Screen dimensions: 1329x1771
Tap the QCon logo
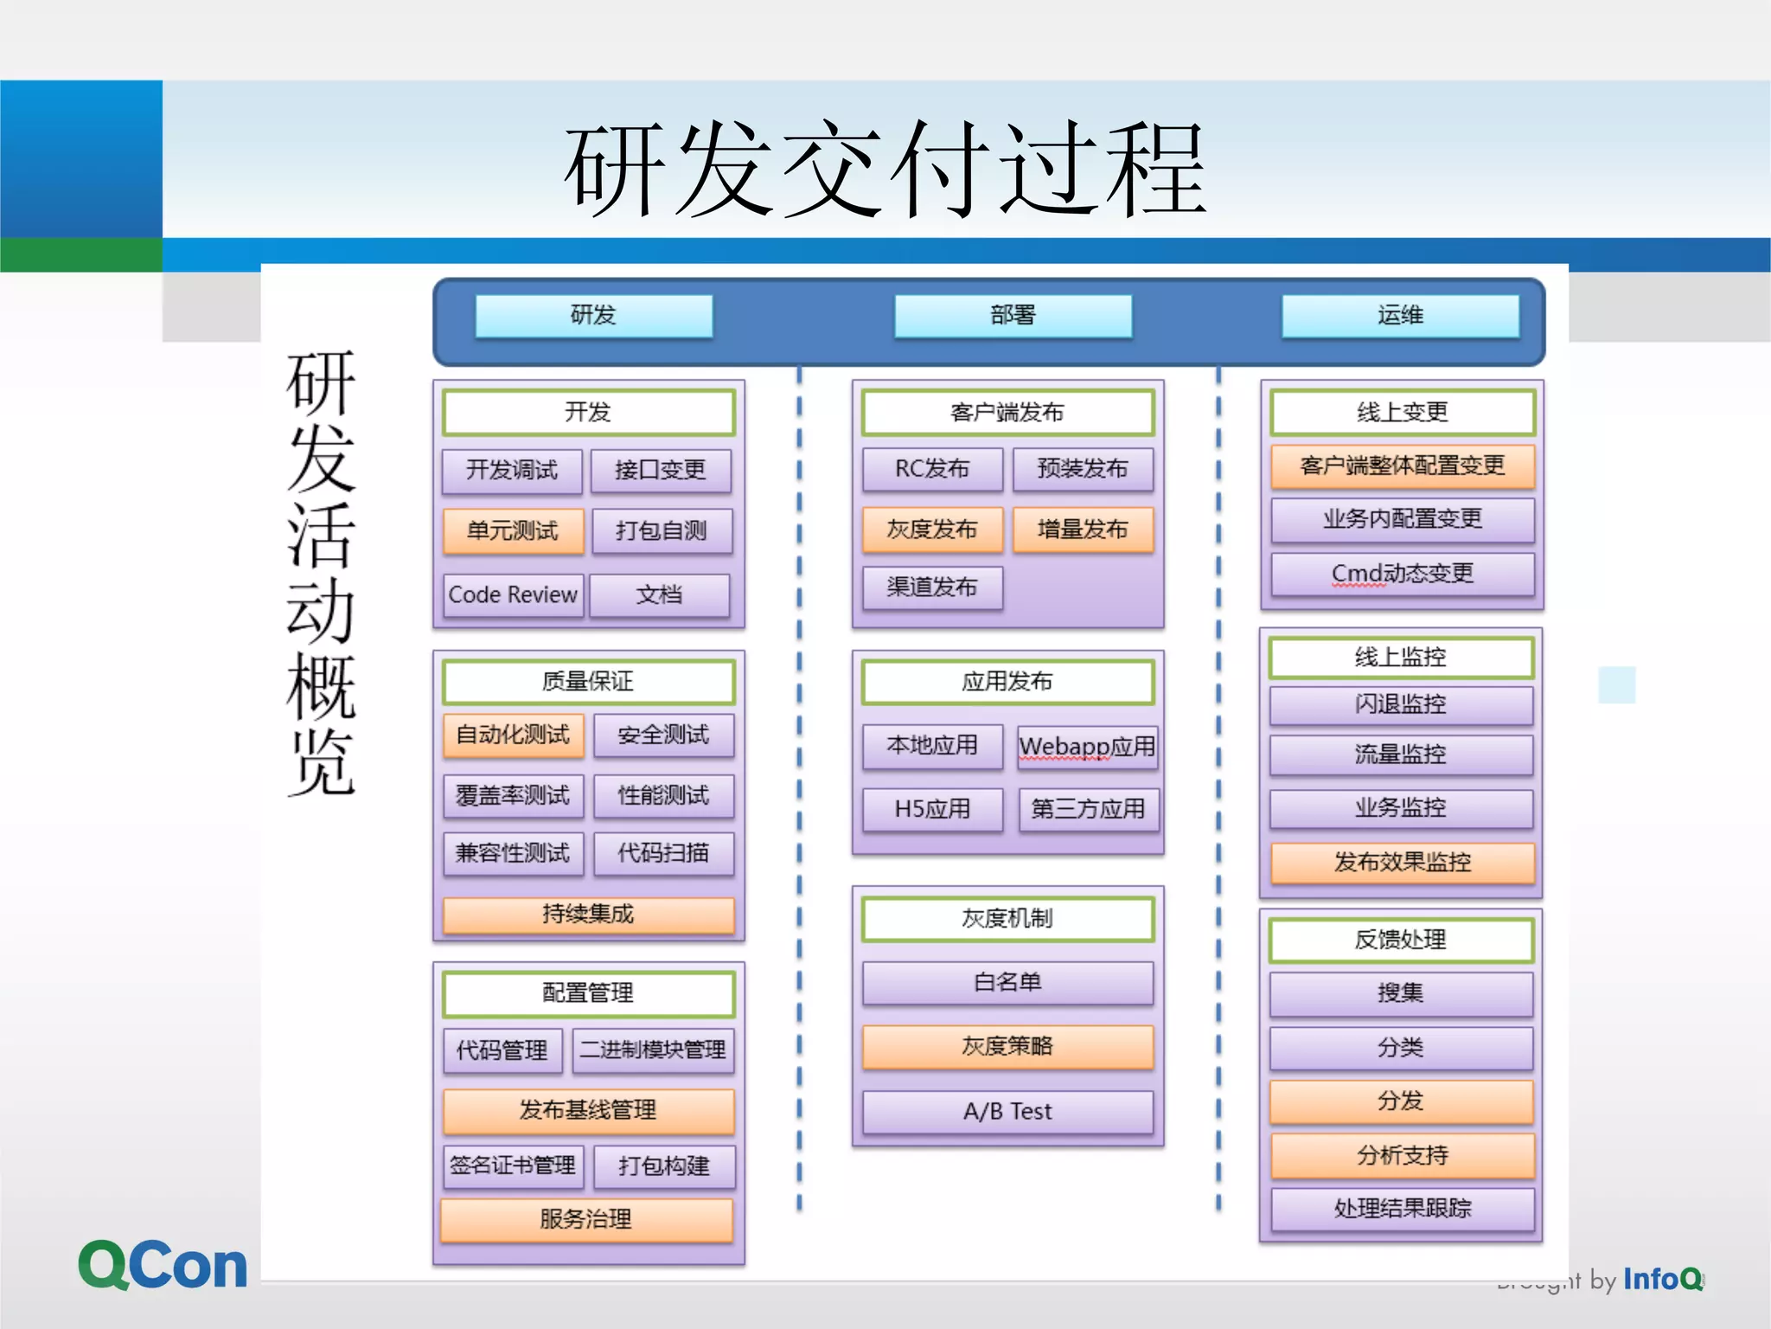coord(163,1266)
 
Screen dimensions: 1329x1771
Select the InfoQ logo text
coord(1662,1279)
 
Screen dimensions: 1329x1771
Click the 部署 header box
coord(1013,316)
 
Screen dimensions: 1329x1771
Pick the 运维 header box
coord(1400,316)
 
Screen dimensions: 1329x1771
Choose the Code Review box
coord(513,594)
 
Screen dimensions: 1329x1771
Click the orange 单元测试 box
coord(513,530)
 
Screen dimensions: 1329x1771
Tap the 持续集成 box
coord(588,915)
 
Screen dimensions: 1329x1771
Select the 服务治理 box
coord(586,1219)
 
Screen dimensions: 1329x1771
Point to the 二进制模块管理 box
coord(653,1050)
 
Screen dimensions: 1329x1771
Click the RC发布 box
coord(932,469)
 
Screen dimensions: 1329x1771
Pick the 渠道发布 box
coord(932,587)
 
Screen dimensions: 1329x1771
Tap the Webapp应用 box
coord(1087,747)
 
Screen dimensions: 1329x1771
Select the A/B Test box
coord(1007,1111)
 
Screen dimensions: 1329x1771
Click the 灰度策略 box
coord(1007,1047)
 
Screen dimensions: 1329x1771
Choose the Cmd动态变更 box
coord(1402,573)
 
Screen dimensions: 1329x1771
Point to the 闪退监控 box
coord(1400,704)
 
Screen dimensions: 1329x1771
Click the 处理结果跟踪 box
coord(1402,1208)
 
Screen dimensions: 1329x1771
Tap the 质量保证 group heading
coord(588,682)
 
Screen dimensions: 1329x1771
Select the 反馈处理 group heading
coord(1400,940)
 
